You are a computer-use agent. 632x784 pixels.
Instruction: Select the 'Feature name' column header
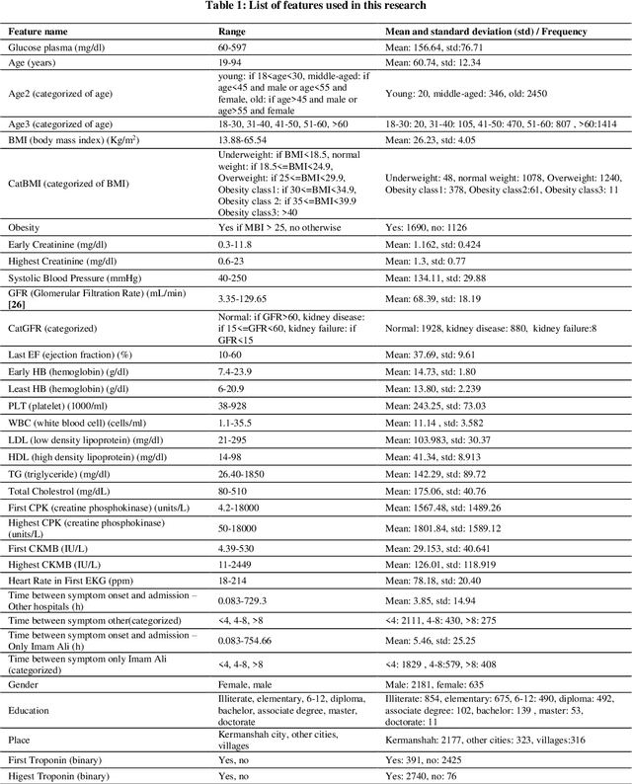coord(39,32)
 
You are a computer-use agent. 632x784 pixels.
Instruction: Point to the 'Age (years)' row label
coord(34,62)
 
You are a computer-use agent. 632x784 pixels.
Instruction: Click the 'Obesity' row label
coord(26,227)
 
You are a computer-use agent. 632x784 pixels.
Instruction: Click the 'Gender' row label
coord(25,683)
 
